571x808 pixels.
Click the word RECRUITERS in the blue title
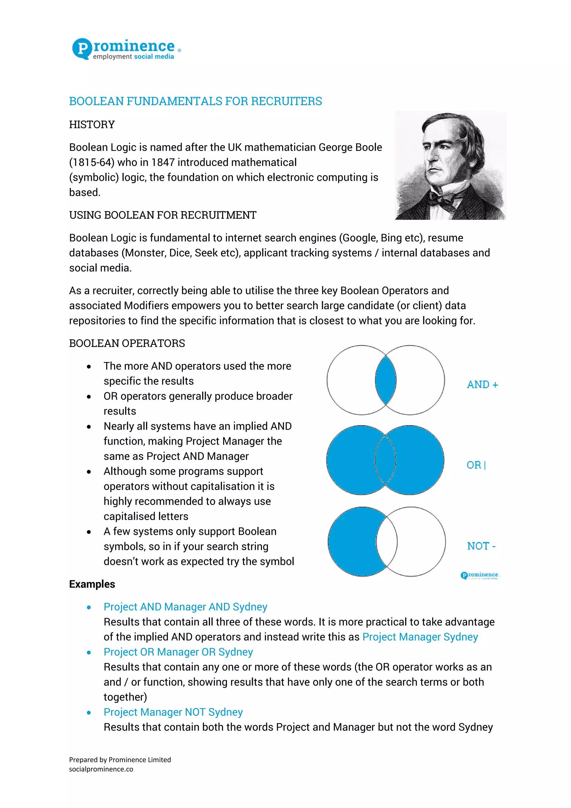point(286,101)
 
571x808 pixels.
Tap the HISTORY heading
point(92,125)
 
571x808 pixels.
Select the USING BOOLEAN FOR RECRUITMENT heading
point(163,215)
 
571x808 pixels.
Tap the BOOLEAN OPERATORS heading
point(127,343)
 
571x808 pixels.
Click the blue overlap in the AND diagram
point(386,380)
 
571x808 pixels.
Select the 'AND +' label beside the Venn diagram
point(482,385)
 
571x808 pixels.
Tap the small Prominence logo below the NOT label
point(480,575)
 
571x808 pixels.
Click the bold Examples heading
point(92,584)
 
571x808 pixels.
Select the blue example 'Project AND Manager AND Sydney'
point(185,607)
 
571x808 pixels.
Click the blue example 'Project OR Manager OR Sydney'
point(178,652)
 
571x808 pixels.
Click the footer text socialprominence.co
point(101,769)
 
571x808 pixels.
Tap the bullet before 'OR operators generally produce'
point(89,397)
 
